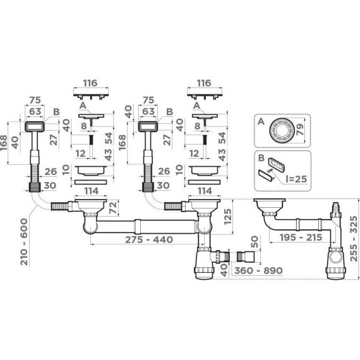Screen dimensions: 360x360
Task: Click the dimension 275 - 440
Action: coord(149,240)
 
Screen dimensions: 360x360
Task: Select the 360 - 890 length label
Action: coord(258,270)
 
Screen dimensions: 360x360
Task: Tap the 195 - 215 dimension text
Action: coord(301,237)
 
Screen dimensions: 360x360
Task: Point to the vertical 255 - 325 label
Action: coord(354,239)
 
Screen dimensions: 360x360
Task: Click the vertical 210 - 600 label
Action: coord(24,242)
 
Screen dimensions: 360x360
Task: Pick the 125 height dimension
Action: coord(228,217)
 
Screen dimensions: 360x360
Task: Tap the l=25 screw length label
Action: coord(296,179)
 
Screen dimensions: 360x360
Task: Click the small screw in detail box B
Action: coord(270,171)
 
